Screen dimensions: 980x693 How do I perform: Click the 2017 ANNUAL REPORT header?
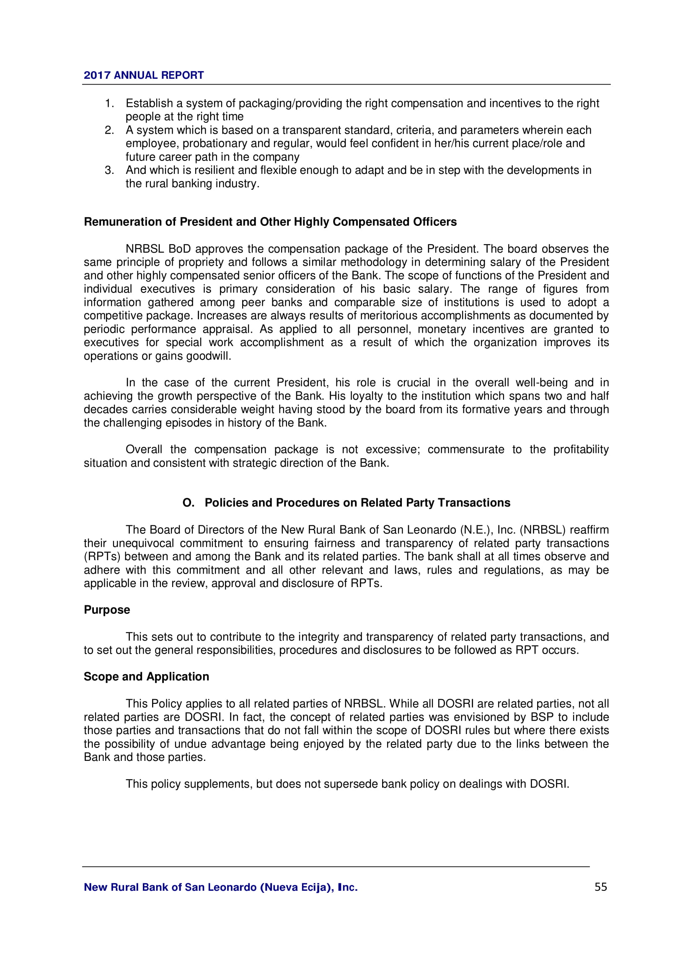143,75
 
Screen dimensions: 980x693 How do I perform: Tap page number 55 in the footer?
600,887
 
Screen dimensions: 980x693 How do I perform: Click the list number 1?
109,103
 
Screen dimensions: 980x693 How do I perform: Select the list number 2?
109,130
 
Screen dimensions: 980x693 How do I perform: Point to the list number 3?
109,170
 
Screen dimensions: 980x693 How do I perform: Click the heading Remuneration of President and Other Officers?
270,222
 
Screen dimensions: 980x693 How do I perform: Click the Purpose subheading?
107,610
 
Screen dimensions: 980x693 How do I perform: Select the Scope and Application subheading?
146,677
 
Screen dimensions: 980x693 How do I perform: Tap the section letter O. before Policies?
188,503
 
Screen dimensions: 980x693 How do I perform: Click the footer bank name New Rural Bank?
221,887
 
